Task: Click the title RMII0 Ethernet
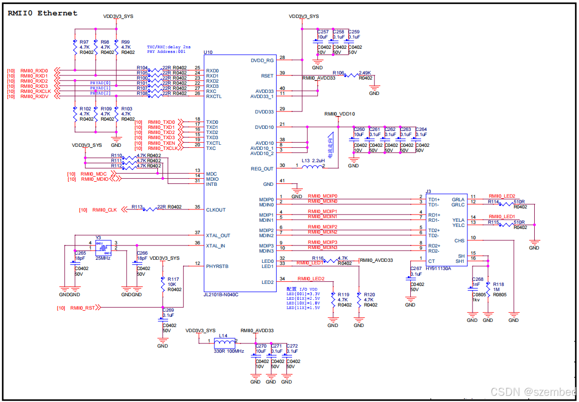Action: click(43, 13)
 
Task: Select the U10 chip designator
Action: click(208, 52)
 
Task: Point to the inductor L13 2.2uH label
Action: click(313, 161)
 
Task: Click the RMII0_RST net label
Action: click(82, 308)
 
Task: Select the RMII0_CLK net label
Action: click(104, 210)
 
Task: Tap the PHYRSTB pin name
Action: click(217, 266)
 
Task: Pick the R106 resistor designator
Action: click(338, 73)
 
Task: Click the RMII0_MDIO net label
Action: click(95, 179)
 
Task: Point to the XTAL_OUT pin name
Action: click(218, 236)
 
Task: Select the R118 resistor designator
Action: click(498, 284)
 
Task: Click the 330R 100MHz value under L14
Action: click(229, 351)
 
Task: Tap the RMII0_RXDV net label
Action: click(34, 97)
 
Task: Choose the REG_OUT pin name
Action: click(262, 169)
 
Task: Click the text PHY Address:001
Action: click(166, 52)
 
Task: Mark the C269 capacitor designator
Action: click(168, 310)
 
